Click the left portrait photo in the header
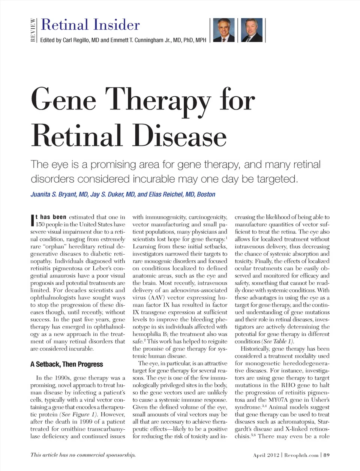point(224,30)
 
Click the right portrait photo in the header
point(252,30)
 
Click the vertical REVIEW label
point(33,30)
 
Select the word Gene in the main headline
point(64,100)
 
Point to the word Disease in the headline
point(179,136)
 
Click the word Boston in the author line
point(206,194)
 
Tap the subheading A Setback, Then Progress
point(66,364)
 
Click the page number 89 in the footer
point(327,455)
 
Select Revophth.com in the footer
point(301,455)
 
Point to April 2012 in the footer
point(266,455)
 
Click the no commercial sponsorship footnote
point(83,455)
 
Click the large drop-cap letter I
point(32,221)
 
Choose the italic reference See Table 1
point(277,341)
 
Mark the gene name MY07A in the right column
point(278,400)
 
